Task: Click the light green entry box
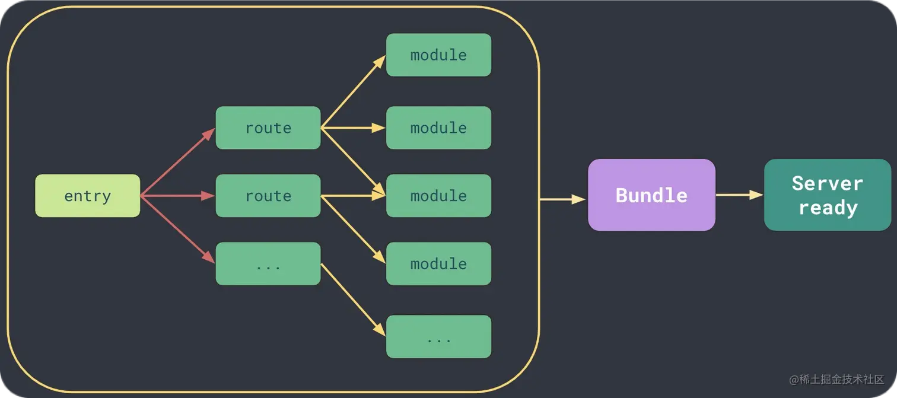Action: pos(88,196)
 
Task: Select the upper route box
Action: pos(268,128)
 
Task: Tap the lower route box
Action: pos(268,196)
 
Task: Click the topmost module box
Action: pos(438,55)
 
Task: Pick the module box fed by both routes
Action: pos(438,196)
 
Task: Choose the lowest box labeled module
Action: pos(438,264)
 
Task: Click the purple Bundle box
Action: pos(651,195)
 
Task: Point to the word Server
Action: pos(828,184)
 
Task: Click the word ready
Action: pos(828,208)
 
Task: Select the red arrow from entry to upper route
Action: pos(178,162)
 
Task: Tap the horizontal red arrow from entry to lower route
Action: pos(178,196)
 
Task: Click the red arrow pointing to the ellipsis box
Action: pos(178,230)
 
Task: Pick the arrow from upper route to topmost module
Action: pos(353,91)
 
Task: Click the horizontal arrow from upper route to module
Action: pos(353,128)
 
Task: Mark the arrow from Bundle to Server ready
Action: pos(740,195)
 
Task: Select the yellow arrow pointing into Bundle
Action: pos(562,199)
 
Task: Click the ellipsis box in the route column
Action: pos(268,264)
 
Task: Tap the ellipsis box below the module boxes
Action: pos(438,337)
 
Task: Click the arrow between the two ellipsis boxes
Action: pos(353,300)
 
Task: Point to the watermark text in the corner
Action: pos(836,379)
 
